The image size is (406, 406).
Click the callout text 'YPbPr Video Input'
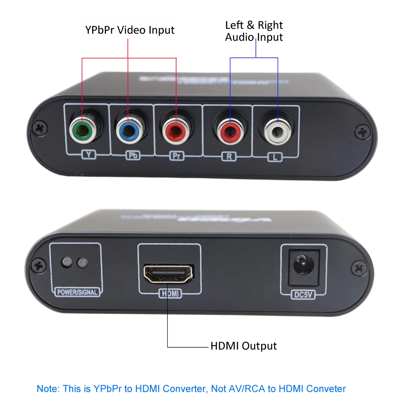point(130,30)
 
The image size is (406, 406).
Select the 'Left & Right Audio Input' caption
point(254,31)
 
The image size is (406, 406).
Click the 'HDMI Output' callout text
point(243,346)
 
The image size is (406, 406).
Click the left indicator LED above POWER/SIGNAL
point(65,262)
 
